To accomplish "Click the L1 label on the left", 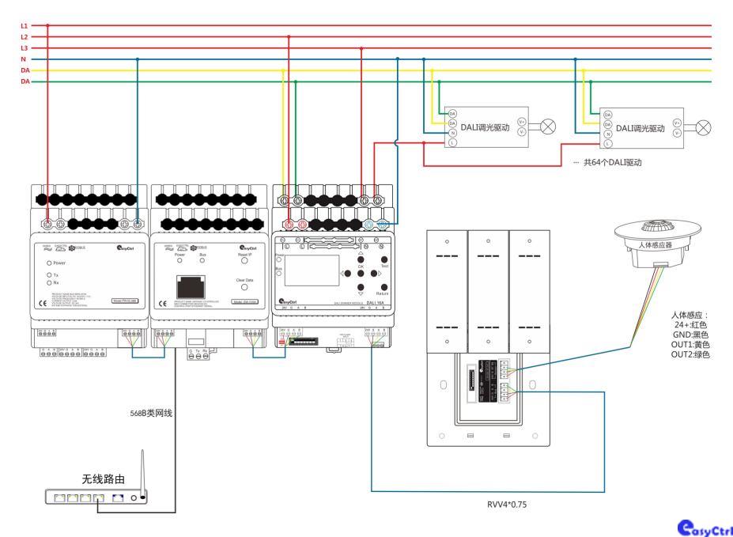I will tap(24, 25).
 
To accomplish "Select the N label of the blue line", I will tap(24, 59).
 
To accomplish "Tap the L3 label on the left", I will tap(24, 48).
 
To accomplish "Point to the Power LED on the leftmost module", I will tap(50, 262).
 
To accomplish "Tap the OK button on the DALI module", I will tap(360, 259).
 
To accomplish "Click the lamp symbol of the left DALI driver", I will tap(546, 127).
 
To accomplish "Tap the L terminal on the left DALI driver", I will tap(452, 143).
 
